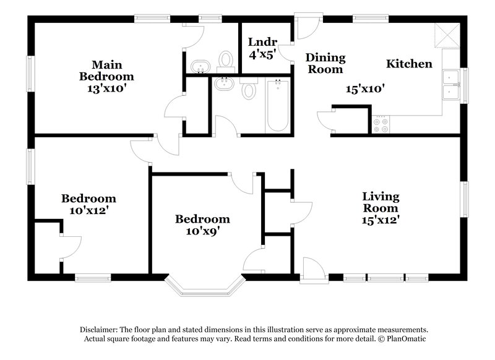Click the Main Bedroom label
106,70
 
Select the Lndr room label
262,42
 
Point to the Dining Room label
325,63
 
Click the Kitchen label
409,64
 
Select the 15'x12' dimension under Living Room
381,220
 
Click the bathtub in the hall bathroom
277,105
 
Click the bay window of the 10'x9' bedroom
205,286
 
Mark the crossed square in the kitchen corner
447,34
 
